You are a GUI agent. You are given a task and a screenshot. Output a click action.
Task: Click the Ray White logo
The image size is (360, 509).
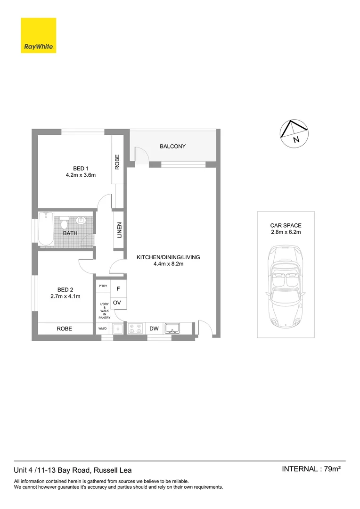(38, 35)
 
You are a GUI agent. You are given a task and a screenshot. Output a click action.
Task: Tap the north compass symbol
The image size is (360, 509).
(293, 134)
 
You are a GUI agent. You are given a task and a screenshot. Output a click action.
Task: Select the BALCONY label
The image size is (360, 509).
(172, 147)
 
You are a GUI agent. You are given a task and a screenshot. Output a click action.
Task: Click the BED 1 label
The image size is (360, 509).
(81, 169)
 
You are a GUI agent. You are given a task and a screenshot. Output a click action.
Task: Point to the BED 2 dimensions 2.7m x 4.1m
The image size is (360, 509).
(65, 296)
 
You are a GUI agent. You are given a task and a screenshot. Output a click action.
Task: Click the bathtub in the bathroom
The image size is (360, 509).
(46, 229)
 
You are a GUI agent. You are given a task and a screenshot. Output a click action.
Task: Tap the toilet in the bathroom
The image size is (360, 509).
(65, 221)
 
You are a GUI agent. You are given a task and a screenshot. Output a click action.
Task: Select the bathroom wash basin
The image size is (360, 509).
(81, 220)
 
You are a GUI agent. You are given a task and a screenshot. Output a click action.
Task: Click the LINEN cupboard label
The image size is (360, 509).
(119, 230)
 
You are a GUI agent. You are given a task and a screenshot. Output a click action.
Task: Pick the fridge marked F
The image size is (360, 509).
(118, 289)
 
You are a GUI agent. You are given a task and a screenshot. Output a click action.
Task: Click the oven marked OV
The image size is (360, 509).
(118, 303)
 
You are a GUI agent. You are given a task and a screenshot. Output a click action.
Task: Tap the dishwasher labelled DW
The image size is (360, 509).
(154, 328)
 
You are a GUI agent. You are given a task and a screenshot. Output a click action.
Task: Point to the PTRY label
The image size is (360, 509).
(102, 286)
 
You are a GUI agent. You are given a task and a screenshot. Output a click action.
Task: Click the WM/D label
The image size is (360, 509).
(102, 328)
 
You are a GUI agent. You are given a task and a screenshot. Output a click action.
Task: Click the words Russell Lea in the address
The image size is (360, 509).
(113, 470)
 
